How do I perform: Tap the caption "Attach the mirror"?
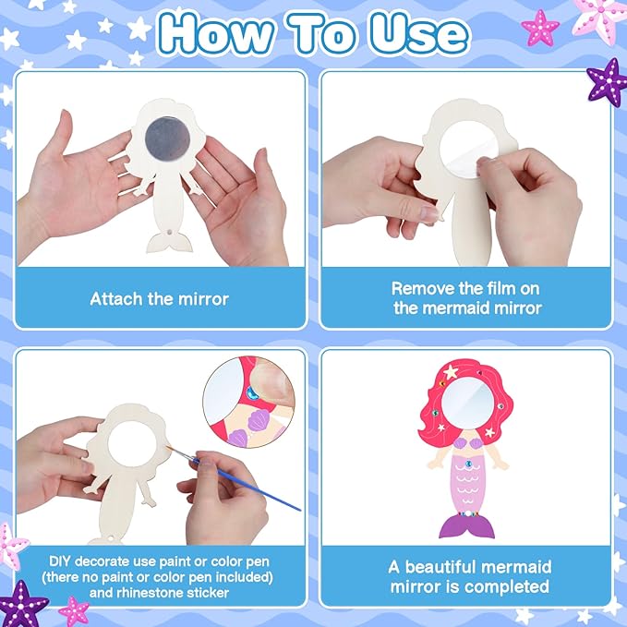click(159, 299)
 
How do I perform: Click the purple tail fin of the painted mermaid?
click(469, 525)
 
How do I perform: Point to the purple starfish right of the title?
click(607, 81)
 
